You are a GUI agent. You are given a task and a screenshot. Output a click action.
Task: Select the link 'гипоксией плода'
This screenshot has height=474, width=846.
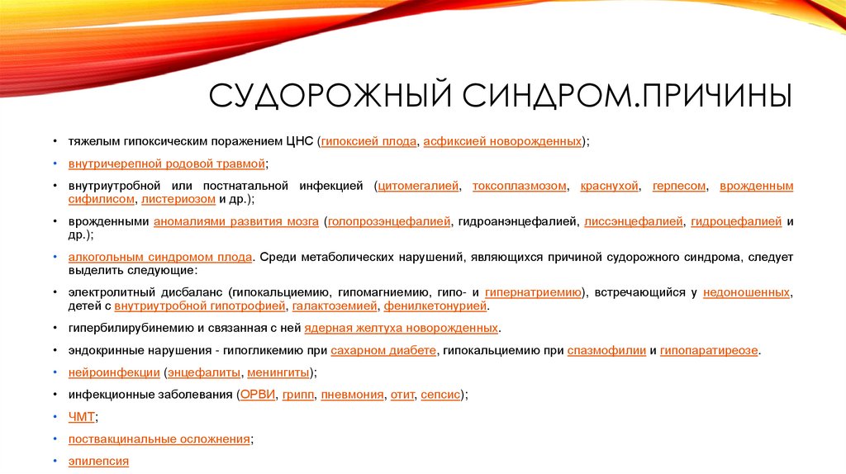click(369, 142)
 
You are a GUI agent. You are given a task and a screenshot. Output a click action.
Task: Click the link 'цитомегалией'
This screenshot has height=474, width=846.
click(418, 186)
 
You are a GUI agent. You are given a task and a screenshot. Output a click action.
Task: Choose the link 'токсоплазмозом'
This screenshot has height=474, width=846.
click(520, 186)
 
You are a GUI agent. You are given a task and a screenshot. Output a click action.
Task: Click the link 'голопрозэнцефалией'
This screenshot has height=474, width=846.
click(390, 221)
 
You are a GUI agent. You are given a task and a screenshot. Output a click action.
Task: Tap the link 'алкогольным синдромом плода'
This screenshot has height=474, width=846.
click(160, 257)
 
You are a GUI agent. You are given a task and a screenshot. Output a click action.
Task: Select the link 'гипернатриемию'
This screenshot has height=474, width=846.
click(533, 292)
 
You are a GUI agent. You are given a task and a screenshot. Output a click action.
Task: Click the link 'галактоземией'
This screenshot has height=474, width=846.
click(335, 306)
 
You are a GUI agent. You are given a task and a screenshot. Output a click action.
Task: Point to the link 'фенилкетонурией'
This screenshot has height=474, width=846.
click(435, 306)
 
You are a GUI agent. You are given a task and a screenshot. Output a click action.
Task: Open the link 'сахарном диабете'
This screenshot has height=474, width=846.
click(383, 350)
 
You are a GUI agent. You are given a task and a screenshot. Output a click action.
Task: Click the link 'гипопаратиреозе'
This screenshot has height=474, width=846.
click(709, 350)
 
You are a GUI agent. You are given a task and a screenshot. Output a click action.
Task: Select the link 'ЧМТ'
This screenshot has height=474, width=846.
click(82, 417)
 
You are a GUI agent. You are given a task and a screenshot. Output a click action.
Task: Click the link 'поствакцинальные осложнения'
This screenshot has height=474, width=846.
click(159, 439)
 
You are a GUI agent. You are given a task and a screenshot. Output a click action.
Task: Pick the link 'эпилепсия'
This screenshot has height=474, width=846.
click(98, 462)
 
